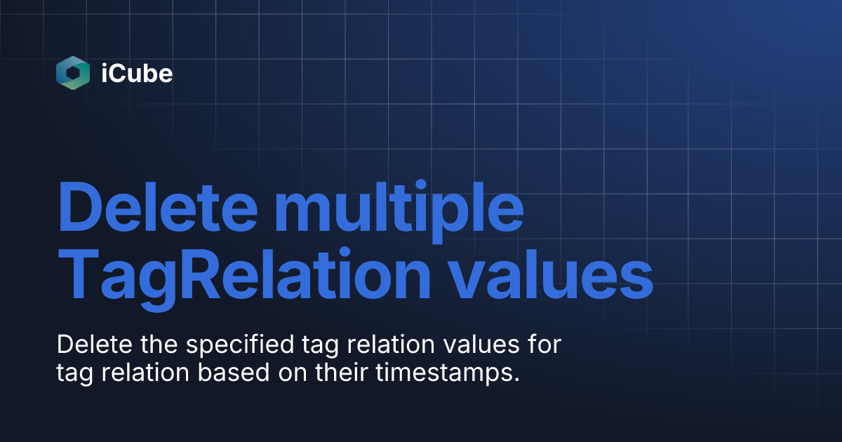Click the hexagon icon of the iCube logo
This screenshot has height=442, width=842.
click(73, 73)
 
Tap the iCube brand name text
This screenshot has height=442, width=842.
click(137, 74)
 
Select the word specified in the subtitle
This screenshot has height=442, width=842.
click(220, 347)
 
